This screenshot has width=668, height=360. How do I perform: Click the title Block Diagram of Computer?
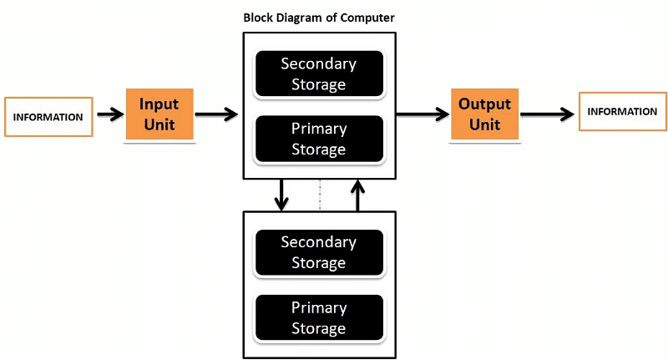pyautogui.click(x=319, y=17)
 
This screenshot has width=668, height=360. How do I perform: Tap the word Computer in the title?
pyautogui.click(x=369, y=17)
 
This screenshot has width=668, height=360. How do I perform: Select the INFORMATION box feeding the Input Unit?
pyautogui.click(x=48, y=117)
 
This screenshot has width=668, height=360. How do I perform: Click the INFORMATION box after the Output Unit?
pyautogui.click(x=622, y=112)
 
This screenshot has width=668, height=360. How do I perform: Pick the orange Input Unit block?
pyautogui.click(x=159, y=114)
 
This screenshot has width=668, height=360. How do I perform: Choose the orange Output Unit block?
pyautogui.click(x=484, y=114)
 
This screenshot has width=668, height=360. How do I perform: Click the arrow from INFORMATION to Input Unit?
pyautogui.click(x=109, y=114)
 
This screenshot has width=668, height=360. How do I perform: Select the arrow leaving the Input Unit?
pyautogui.click(x=216, y=114)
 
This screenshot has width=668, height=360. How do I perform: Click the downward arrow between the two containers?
pyautogui.click(x=281, y=194)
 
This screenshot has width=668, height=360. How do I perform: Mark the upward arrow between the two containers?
pyautogui.click(x=357, y=194)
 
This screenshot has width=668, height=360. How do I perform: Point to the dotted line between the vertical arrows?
pyautogui.click(x=319, y=195)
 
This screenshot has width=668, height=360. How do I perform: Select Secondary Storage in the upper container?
pyautogui.click(x=319, y=74)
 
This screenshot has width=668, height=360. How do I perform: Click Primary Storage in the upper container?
pyautogui.click(x=319, y=139)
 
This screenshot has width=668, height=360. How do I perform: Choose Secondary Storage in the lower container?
pyautogui.click(x=319, y=252)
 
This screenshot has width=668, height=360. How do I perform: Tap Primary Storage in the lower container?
pyautogui.click(x=319, y=317)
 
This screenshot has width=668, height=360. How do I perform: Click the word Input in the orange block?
pyautogui.click(x=159, y=104)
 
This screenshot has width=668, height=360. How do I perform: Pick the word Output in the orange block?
pyautogui.click(x=484, y=104)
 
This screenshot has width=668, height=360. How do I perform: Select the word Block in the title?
pyautogui.click(x=258, y=17)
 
